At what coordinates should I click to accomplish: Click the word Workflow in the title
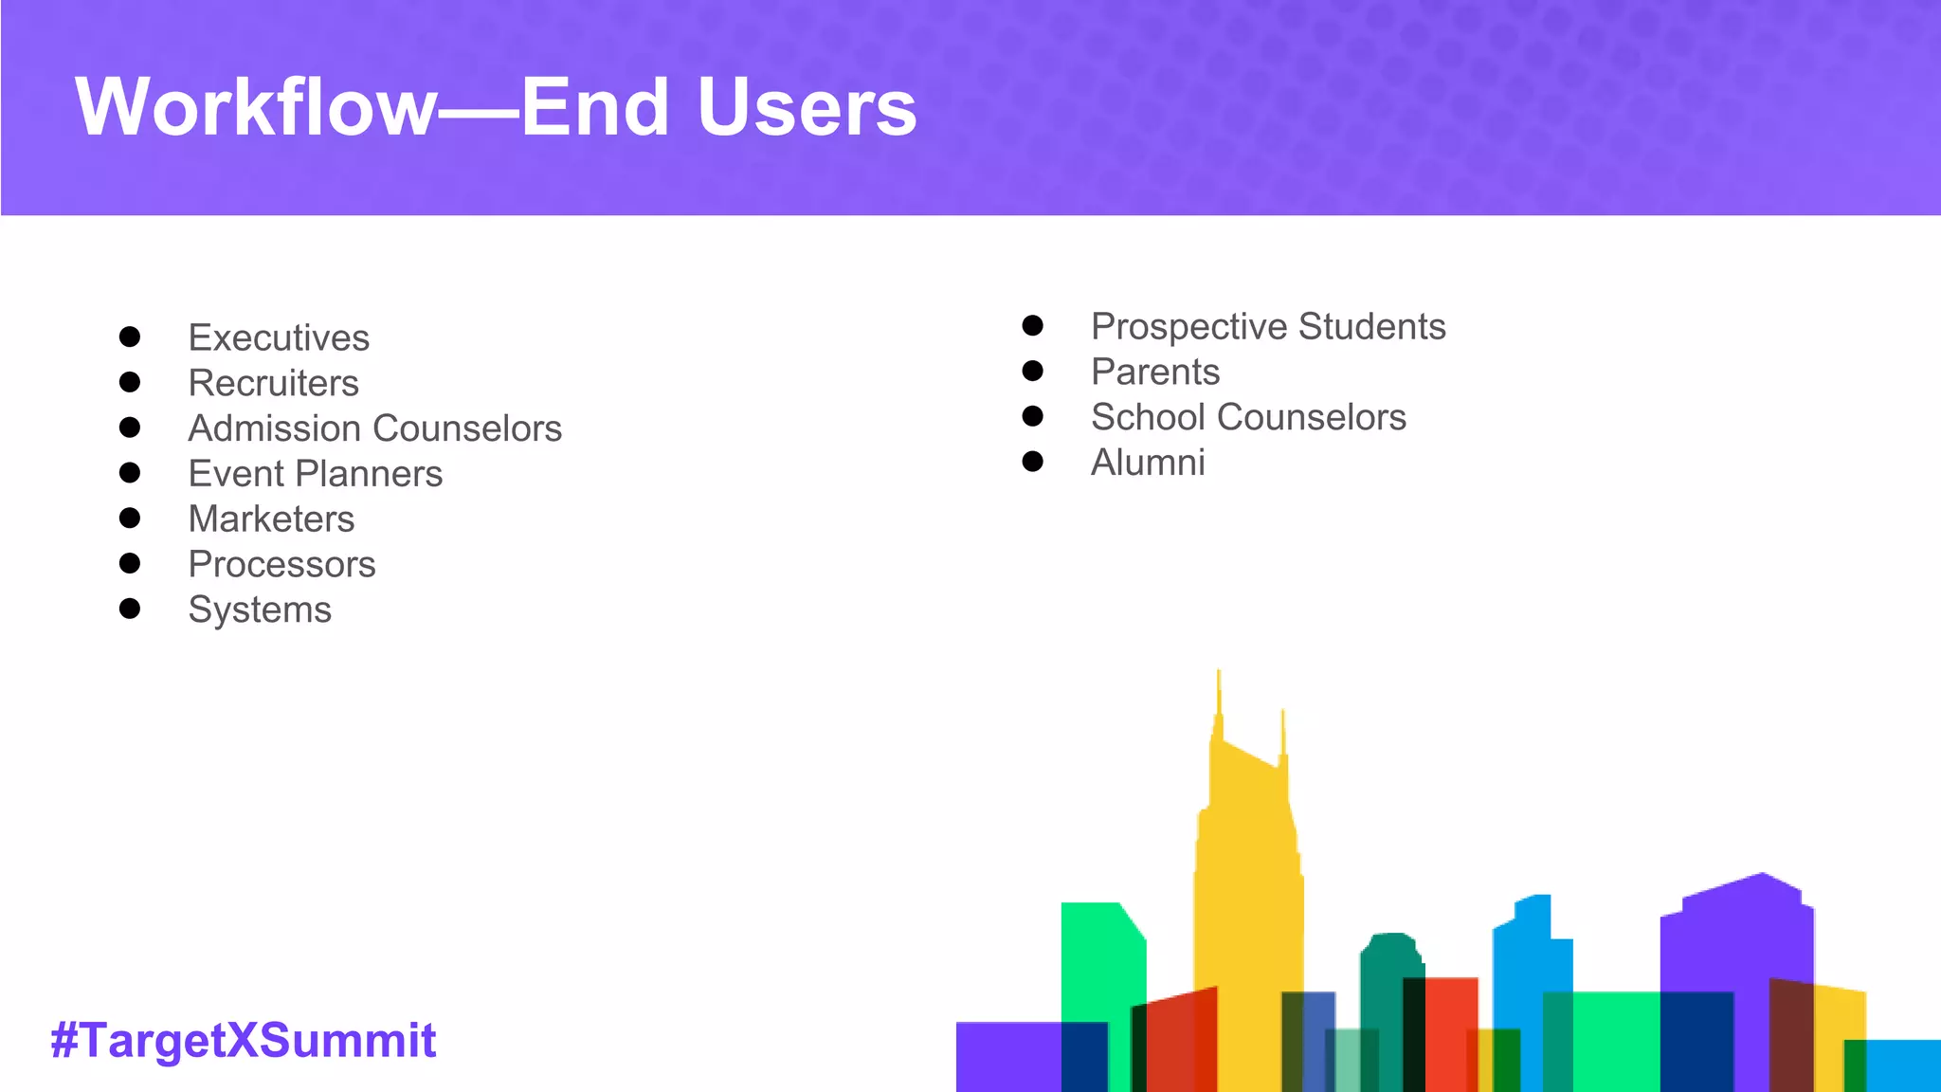coord(256,107)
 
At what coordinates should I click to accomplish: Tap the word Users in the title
coord(807,107)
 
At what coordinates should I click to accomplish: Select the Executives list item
coord(279,338)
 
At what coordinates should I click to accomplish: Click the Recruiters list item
coord(273,384)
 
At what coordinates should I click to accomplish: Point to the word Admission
coord(269,428)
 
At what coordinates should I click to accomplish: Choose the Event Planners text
coord(315,474)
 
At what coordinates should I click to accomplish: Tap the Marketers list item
coord(271,519)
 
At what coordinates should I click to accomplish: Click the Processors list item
coord(281,565)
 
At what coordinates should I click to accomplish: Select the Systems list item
coord(260,610)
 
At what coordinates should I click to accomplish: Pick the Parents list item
coord(1155,373)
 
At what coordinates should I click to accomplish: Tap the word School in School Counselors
coord(1148,418)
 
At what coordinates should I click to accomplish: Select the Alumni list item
coord(1148,464)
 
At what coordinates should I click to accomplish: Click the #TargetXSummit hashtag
coord(244,1040)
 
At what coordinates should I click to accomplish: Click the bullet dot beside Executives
coord(130,337)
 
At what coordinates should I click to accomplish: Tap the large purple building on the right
coord(1734,938)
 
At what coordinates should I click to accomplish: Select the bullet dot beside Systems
coord(130,609)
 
